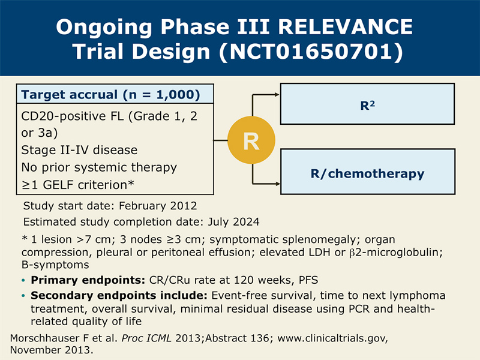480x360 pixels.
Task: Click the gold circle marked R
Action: (x=251, y=140)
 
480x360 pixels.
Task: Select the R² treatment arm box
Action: (x=367, y=104)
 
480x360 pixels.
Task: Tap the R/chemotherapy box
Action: (x=368, y=172)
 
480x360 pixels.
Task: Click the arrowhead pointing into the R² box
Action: (x=277, y=95)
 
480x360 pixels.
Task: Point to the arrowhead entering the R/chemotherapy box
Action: (x=278, y=184)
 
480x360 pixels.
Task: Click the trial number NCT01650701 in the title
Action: (x=311, y=51)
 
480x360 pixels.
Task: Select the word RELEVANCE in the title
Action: (x=346, y=27)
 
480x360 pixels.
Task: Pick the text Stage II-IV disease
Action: (x=79, y=150)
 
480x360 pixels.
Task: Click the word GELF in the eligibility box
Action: (x=58, y=185)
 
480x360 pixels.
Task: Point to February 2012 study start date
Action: (x=158, y=206)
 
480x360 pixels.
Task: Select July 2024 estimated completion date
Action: (x=233, y=221)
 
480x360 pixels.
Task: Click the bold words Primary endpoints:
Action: (x=88, y=280)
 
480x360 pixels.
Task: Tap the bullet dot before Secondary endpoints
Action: (x=23, y=296)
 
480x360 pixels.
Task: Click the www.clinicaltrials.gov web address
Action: (x=332, y=338)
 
